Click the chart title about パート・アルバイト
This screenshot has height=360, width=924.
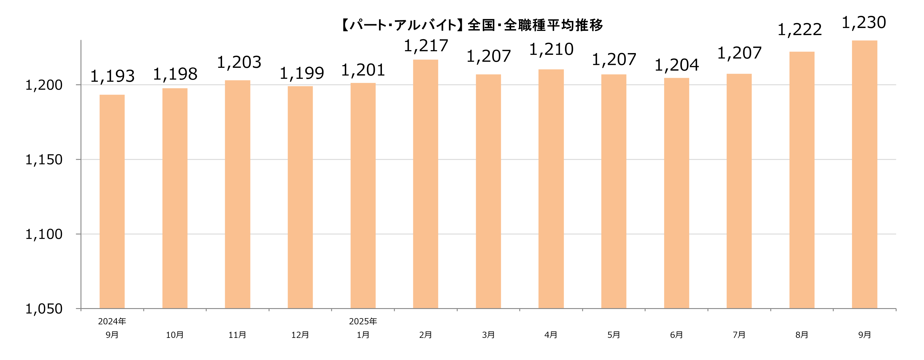point(471,25)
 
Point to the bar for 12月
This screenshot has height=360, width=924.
point(300,197)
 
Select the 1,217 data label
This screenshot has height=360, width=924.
point(426,46)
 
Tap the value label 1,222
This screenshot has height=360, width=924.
point(799,30)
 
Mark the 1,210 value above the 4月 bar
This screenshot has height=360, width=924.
point(551,50)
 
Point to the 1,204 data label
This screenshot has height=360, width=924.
point(677,65)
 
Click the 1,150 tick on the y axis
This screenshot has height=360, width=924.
point(44,160)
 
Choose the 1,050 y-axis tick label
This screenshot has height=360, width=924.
point(44,309)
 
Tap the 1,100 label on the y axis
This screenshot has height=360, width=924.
point(44,234)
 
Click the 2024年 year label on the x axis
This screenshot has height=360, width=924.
point(112,321)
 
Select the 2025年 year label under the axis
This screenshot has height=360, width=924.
point(363,321)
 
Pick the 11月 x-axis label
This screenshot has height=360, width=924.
point(237,335)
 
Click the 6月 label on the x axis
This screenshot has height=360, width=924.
point(676,335)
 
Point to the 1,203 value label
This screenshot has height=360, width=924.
point(239,63)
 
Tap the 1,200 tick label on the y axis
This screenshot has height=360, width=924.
point(44,85)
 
